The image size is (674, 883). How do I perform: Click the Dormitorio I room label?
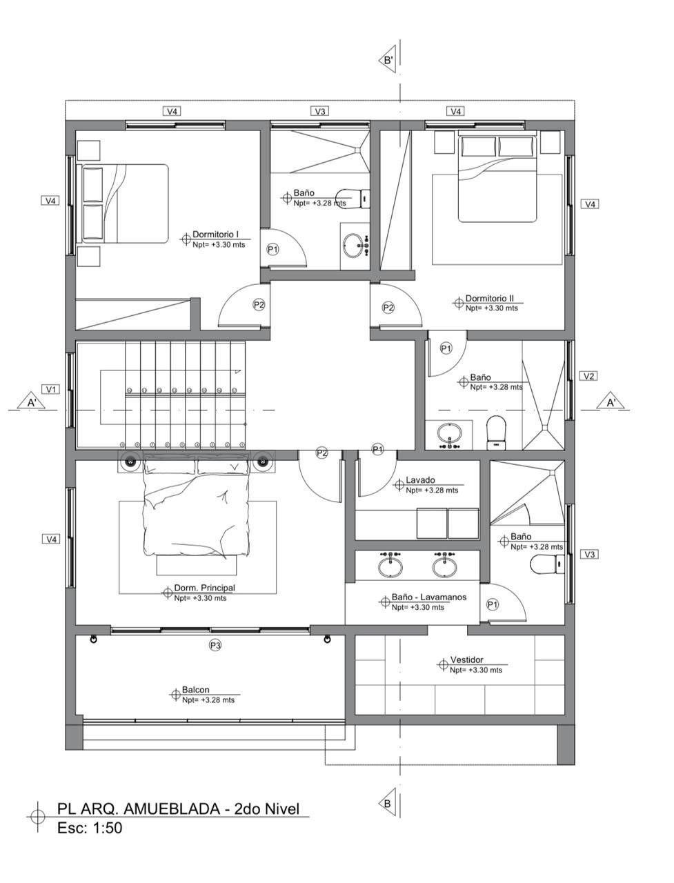[216, 234]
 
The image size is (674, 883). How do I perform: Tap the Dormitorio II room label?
[489, 298]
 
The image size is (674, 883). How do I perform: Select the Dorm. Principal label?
[204, 588]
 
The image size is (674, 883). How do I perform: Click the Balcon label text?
[195, 690]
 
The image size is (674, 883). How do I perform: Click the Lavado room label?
[420, 480]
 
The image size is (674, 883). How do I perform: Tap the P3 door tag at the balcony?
[215, 646]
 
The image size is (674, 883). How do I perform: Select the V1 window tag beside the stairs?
[50, 389]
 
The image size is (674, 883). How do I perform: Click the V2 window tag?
[588, 376]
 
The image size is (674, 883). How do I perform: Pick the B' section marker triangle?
[388, 60]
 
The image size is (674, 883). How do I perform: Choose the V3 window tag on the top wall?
[319, 111]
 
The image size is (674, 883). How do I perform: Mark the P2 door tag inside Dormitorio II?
[388, 308]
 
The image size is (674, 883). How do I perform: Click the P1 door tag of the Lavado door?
[377, 449]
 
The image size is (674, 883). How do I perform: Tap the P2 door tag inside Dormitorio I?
[259, 304]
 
